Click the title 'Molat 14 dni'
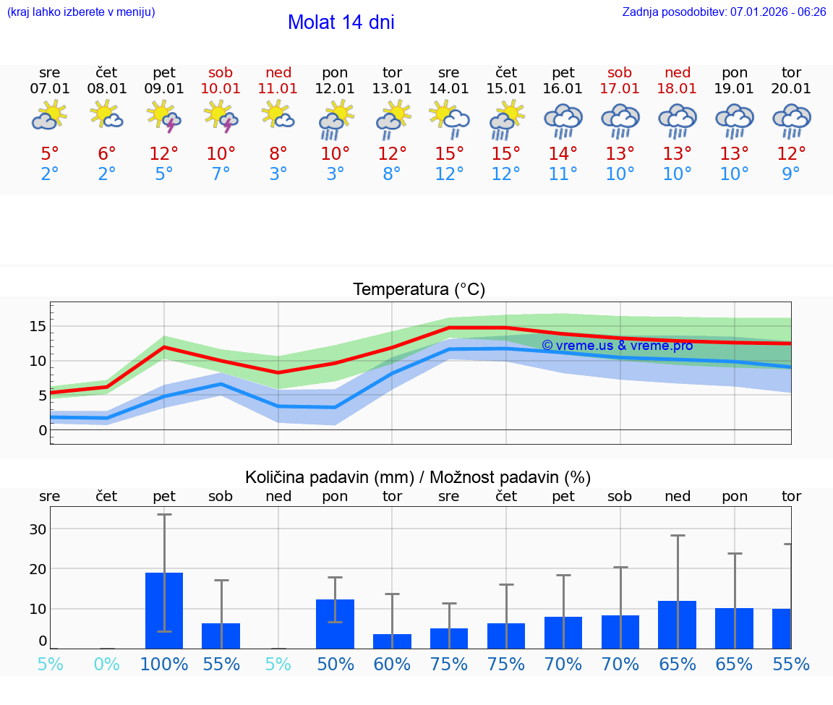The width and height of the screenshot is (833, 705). (341, 22)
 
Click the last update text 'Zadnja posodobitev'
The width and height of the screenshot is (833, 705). (724, 12)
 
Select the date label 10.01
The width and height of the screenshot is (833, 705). (221, 89)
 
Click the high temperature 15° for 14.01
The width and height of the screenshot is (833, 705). (449, 154)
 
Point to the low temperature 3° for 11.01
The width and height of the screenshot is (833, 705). (278, 174)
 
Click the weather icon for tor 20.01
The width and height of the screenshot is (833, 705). (792, 121)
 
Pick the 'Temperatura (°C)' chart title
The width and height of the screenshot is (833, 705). (419, 290)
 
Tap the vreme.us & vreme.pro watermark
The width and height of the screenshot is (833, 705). (618, 346)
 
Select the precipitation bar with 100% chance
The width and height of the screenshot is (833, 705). (164, 611)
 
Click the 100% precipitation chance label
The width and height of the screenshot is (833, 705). (164, 665)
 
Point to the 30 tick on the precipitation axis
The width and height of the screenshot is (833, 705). (38, 529)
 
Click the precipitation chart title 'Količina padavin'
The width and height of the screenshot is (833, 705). (418, 477)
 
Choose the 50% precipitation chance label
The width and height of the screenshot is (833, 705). (336, 665)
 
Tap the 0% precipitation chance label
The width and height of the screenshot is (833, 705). (107, 665)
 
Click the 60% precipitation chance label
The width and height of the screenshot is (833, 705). (392, 665)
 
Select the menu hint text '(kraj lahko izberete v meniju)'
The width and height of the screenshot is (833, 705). (81, 12)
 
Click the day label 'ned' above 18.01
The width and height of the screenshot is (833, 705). (678, 73)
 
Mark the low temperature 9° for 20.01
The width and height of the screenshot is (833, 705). (792, 174)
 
